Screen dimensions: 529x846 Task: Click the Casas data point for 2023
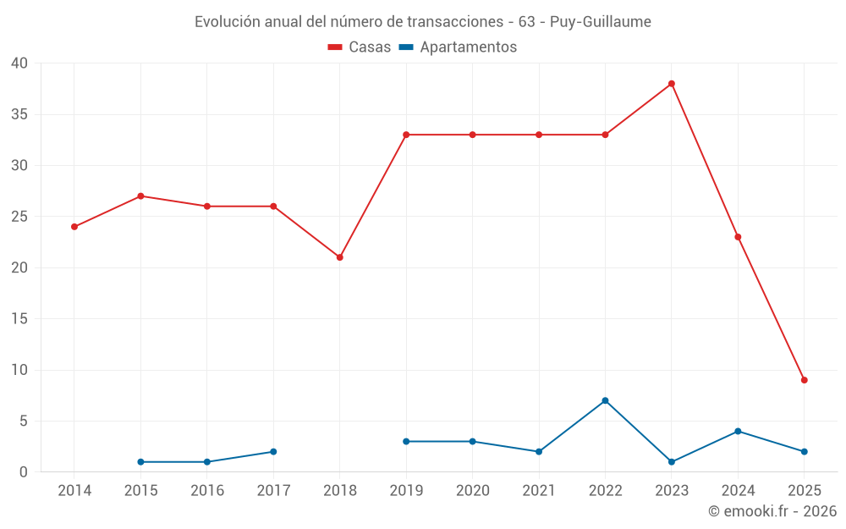pos(672,84)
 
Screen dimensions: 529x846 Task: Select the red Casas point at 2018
pos(340,257)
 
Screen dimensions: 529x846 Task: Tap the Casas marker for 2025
pos(805,380)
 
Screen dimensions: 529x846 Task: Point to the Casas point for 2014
pos(74,227)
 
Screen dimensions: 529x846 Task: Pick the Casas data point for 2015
pos(140,196)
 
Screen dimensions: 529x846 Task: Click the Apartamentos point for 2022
pos(605,400)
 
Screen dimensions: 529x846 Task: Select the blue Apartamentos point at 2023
pos(672,462)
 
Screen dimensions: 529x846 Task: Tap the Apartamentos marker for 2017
pos(273,452)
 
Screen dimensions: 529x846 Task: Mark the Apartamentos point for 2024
pos(738,432)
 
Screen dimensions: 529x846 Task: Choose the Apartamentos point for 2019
pos(406,442)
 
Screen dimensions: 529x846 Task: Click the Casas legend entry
pos(360,47)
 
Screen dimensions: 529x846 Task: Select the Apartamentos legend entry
pos(458,47)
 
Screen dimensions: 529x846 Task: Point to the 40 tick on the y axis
pos(19,63)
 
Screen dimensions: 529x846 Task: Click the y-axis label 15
pos(19,319)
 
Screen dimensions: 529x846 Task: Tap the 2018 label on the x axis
pos(340,490)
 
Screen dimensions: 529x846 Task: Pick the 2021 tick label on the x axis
pos(539,490)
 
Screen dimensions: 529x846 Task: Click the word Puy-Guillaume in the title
pos(601,22)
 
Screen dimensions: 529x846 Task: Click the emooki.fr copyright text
pos(772,511)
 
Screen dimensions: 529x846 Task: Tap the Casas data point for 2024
pos(738,237)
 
